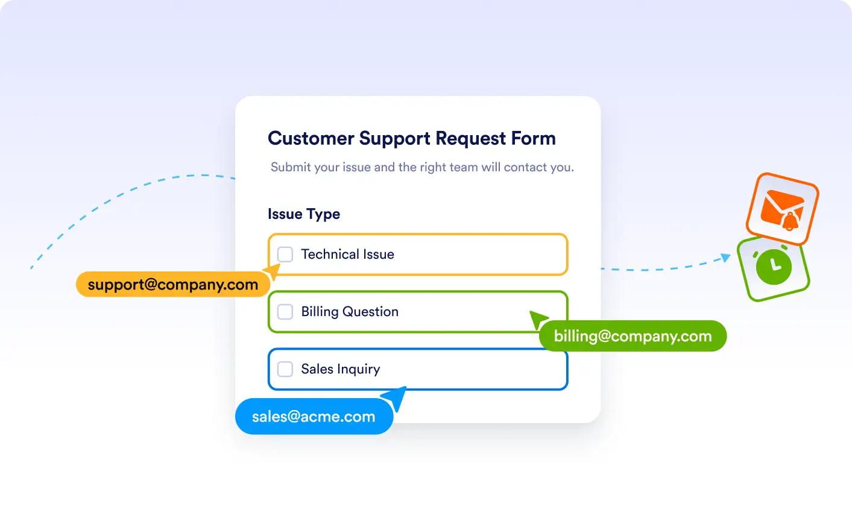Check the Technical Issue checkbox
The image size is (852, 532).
(285, 254)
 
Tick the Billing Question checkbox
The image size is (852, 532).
(285, 312)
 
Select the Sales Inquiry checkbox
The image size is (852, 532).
(285, 369)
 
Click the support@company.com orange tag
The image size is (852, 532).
(173, 284)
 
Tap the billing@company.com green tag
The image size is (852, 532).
(633, 336)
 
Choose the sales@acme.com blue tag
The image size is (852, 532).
(314, 416)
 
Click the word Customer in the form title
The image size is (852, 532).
(311, 138)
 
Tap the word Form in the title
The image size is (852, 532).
(533, 138)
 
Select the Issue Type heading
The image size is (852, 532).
(304, 214)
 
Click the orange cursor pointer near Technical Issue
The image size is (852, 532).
(273, 271)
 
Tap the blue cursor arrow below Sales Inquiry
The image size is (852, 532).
(396, 397)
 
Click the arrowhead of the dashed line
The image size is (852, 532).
(726, 258)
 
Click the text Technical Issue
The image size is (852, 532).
(348, 254)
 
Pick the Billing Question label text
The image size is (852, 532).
(350, 312)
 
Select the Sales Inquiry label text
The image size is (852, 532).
(341, 369)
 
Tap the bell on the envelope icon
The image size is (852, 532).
(790, 221)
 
